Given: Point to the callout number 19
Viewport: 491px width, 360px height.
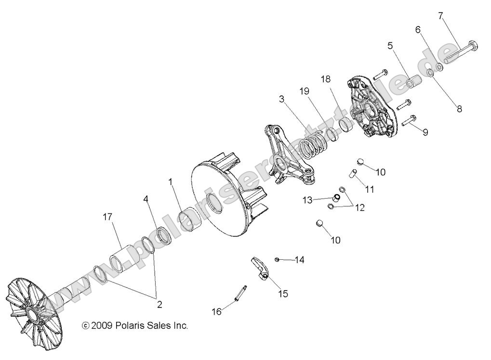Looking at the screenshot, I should [304, 91].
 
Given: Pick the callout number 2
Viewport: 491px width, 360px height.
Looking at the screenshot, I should [159, 304].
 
